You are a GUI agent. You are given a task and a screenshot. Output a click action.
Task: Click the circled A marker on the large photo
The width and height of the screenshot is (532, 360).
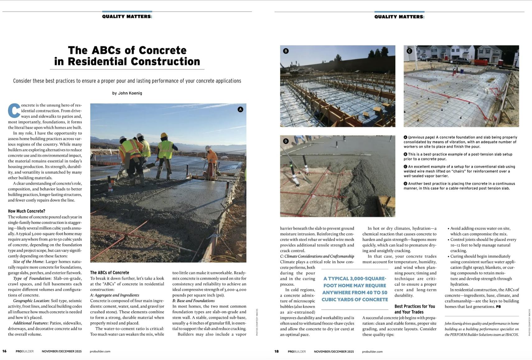coord(240,109)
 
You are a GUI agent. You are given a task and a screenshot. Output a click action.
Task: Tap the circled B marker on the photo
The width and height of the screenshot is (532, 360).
coord(286,51)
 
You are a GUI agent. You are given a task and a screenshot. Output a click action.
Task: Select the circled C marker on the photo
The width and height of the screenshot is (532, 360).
coord(409,51)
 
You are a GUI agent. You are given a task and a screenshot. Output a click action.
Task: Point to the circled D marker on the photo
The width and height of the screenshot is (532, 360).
coord(286,141)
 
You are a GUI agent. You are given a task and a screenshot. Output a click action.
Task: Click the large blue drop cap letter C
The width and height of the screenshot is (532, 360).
coord(14,111)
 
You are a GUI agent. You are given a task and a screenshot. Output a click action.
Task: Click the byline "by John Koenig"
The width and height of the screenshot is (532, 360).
coord(127,93)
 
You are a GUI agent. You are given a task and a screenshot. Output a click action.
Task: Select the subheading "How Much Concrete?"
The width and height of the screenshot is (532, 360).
coord(26,211)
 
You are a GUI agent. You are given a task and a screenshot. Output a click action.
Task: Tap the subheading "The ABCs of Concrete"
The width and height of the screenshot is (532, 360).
coord(109,273)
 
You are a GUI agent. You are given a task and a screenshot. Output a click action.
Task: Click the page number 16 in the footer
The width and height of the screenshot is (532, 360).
coord(4,351)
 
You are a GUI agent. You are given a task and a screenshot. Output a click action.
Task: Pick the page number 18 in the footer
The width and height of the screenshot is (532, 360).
coord(276,351)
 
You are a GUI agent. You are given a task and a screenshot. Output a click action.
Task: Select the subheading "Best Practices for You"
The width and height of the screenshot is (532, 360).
coord(414,307)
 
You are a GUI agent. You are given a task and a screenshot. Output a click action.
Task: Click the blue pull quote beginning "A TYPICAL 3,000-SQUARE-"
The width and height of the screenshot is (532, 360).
coord(355,289)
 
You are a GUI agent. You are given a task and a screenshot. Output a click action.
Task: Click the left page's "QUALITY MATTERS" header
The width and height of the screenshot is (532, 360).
coord(127,16)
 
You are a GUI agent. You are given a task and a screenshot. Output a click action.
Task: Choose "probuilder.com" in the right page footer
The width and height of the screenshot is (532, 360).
coord(372,352)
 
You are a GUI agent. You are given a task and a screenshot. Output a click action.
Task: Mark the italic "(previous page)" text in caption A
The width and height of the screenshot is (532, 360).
coord(421,137)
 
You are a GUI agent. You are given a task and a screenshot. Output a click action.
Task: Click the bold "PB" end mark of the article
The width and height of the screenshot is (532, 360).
coord(498,307)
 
